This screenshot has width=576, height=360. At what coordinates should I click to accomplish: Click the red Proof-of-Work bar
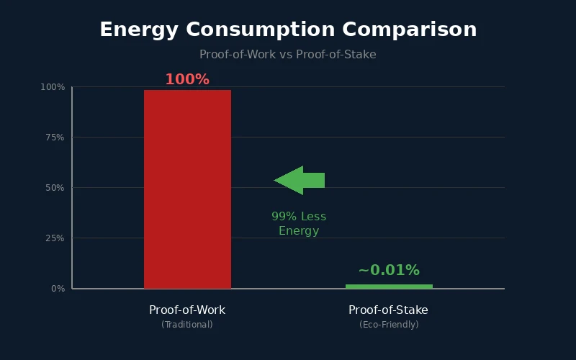187,189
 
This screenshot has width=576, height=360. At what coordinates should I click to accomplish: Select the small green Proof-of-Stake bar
389,286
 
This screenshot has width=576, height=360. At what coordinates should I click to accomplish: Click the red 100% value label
187,79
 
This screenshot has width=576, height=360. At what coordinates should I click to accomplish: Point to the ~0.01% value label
389,270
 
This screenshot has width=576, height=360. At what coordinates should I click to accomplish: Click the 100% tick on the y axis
53,87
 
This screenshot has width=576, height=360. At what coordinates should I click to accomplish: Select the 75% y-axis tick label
55,138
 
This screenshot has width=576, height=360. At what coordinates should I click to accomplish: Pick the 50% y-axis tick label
55,188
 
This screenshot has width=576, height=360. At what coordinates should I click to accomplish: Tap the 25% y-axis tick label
55,238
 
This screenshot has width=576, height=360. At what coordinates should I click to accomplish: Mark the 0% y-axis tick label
58,289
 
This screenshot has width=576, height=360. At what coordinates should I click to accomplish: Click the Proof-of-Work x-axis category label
187,310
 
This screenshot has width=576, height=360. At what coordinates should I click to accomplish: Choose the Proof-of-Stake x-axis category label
389,310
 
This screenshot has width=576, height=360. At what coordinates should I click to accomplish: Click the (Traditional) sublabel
187,325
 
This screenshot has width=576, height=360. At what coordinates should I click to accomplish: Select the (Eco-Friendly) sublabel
389,325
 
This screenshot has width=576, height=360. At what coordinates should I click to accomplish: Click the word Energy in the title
139,30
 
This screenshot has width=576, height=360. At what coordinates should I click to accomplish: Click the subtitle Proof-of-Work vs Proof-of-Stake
288,54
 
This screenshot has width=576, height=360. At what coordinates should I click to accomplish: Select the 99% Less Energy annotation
299,224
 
